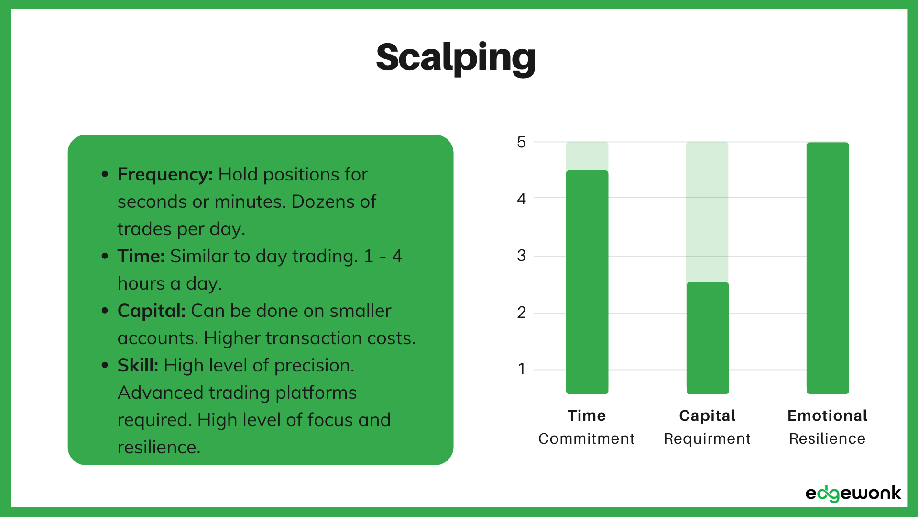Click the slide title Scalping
click(x=456, y=57)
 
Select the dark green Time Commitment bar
click(x=587, y=282)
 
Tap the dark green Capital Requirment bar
click(x=708, y=338)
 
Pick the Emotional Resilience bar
click(x=828, y=268)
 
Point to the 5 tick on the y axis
click(x=521, y=142)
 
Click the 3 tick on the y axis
click(x=521, y=256)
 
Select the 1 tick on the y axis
click(x=521, y=369)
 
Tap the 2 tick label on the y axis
click(x=521, y=313)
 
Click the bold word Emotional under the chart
click(x=827, y=416)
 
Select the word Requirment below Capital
click(x=707, y=438)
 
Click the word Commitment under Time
click(x=586, y=438)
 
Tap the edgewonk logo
click(x=853, y=494)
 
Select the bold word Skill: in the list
click(x=138, y=365)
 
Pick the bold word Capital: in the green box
click(x=151, y=311)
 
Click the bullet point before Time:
click(x=105, y=257)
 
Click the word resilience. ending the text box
click(x=159, y=447)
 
